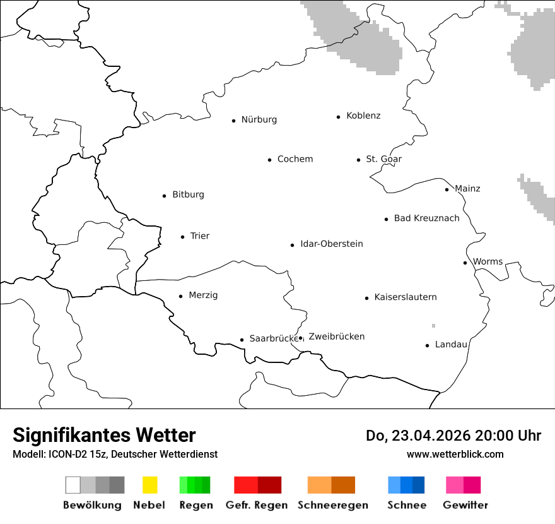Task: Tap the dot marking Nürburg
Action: (233, 120)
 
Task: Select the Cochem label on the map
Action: (295, 159)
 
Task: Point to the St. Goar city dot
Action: (358, 160)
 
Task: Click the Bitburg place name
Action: (188, 194)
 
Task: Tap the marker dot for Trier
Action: (182, 237)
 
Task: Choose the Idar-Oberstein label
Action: (331, 244)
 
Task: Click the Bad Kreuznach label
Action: (426, 218)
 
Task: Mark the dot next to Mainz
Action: (447, 189)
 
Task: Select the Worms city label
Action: (488, 261)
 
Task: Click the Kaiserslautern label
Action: (405, 297)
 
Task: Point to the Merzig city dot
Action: (180, 295)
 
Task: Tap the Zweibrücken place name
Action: (336, 336)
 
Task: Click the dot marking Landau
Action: (427, 345)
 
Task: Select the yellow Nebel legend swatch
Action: (149, 485)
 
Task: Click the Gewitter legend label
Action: (465, 505)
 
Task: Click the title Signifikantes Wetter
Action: (104, 435)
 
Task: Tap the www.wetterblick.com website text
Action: (455, 454)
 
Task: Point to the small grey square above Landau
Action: (433, 326)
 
